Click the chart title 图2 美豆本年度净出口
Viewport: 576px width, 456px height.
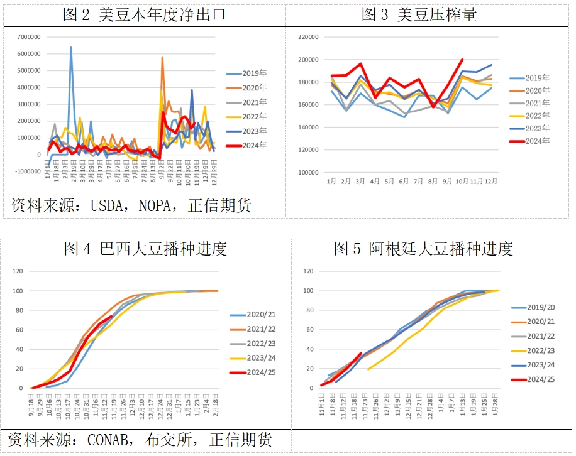point(144,14)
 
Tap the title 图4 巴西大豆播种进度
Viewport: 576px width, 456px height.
point(145,249)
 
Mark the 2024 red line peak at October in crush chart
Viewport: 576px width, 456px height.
point(463,60)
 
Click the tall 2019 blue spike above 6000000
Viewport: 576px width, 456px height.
point(71,47)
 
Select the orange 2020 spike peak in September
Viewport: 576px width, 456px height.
point(162,57)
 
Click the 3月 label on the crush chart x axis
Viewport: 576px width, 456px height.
point(360,181)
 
